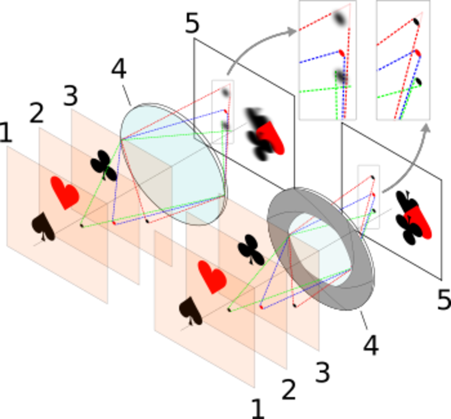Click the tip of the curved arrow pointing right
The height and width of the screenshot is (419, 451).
click(x=296, y=31)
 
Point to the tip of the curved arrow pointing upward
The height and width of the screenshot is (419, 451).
click(x=427, y=124)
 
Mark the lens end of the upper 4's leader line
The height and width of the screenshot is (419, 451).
click(x=131, y=106)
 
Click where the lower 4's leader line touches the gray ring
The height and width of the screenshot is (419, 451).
click(x=360, y=311)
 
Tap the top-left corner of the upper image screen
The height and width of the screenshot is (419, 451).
click(x=194, y=39)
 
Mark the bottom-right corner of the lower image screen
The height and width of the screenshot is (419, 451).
click(x=442, y=280)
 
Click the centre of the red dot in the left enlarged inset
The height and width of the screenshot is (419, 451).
click(x=341, y=53)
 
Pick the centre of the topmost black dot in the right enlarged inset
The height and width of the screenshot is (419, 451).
click(x=416, y=22)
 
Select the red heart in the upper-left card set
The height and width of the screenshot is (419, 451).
click(x=65, y=193)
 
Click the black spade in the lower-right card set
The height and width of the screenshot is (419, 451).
click(x=190, y=310)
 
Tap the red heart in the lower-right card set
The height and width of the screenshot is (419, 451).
click(x=212, y=277)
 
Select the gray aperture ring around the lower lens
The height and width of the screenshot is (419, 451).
click(x=321, y=248)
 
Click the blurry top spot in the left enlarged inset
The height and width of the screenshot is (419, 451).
click(x=340, y=18)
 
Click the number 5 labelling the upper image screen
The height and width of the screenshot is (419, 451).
click(x=192, y=23)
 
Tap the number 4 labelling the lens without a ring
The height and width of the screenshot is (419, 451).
click(x=119, y=68)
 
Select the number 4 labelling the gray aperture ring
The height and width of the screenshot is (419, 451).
click(x=371, y=345)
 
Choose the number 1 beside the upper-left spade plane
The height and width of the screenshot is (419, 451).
click(x=6, y=133)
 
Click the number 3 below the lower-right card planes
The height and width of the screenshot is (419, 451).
click(x=322, y=372)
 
